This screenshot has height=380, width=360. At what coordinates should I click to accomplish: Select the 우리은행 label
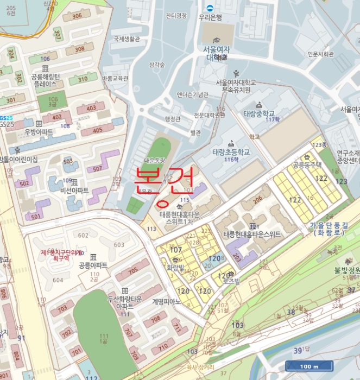tap(210, 17)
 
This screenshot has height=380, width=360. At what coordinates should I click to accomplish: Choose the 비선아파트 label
tap(75, 190)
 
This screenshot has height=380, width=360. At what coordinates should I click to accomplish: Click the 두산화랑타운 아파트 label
tap(125, 302)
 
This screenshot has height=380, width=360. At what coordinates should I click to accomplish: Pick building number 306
tap(77, 16)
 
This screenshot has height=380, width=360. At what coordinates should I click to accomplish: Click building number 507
tap(97, 169)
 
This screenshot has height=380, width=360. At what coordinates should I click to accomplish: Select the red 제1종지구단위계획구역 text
tap(60, 255)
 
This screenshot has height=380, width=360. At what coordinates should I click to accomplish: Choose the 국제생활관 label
tap(127, 39)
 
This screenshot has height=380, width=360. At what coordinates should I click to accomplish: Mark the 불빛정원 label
tap(347, 269)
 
